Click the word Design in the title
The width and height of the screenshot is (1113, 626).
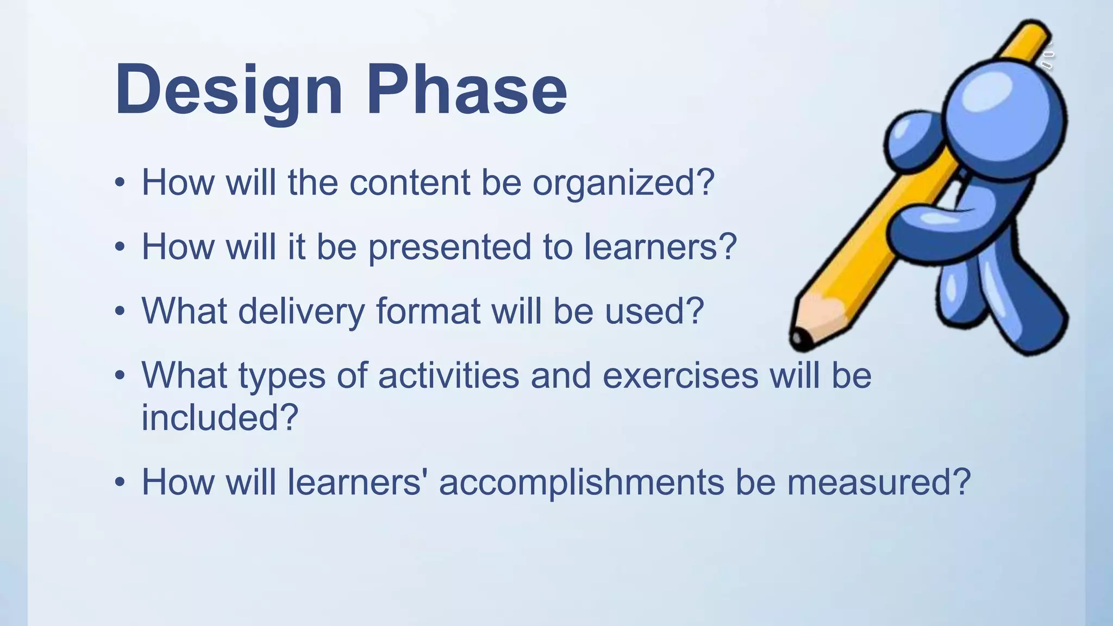click(x=228, y=90)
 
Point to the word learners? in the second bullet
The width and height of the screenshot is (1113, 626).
click(x=660, y=247)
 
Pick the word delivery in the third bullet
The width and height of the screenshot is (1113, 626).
click(x=301, y=311)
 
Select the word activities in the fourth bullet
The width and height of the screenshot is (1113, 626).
click(x=448, y=375)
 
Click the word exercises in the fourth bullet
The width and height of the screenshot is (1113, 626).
click(x=680, y=375)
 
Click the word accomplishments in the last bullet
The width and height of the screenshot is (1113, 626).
click(x=581, y=483)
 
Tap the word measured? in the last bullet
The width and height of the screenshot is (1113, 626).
click(x=878, y=483)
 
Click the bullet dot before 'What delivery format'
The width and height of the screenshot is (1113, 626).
click(x=120, y=311)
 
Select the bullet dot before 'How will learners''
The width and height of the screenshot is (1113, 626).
click(x=120, y=482)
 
